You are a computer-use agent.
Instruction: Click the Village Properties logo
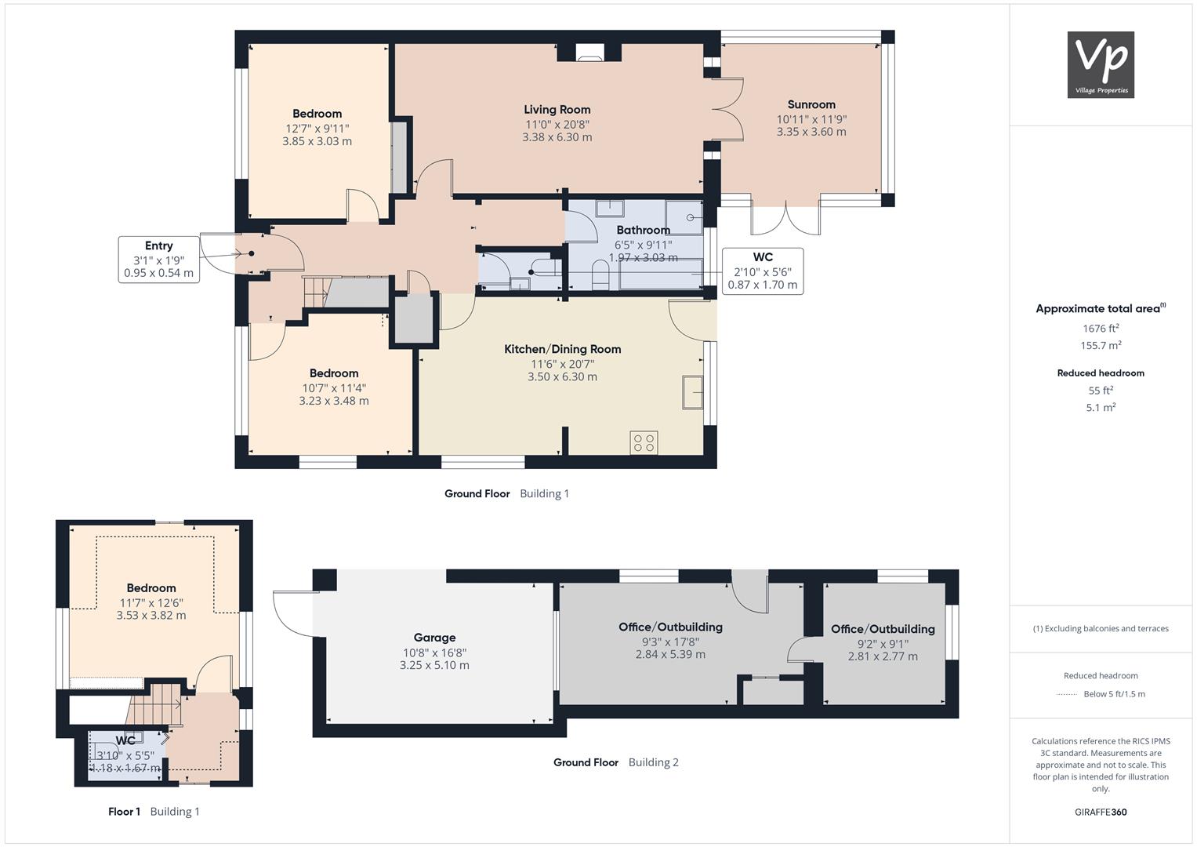(1101, 64)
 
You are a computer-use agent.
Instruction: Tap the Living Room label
(557, 110)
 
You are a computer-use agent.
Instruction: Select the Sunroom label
(811, 105)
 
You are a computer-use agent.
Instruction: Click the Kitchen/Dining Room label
(563, 349)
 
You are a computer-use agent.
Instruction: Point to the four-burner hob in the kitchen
(644, 443)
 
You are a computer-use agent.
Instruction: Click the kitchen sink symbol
(692, 392)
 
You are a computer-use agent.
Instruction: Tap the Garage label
(434, 638)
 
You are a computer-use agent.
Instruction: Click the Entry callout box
(158, 260)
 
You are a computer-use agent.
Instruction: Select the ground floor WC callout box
(763, 271)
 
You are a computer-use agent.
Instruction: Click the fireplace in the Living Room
(589, 53)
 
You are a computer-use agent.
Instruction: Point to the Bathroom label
(644, 231)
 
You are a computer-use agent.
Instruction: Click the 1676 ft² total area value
(1101, 329)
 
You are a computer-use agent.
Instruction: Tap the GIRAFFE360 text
(1101, 812)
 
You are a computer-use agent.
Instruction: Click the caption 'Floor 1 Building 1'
(154, 811)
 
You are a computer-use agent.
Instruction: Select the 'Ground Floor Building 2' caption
(616, 762)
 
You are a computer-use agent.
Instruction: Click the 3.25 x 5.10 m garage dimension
(434, 665)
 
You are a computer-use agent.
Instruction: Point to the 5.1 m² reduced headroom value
(1101, 408)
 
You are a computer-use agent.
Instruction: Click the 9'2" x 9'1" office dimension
(883, 644)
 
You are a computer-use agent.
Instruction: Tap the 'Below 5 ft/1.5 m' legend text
(1114, 694)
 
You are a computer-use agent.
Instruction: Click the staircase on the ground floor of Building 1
(316, 292)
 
